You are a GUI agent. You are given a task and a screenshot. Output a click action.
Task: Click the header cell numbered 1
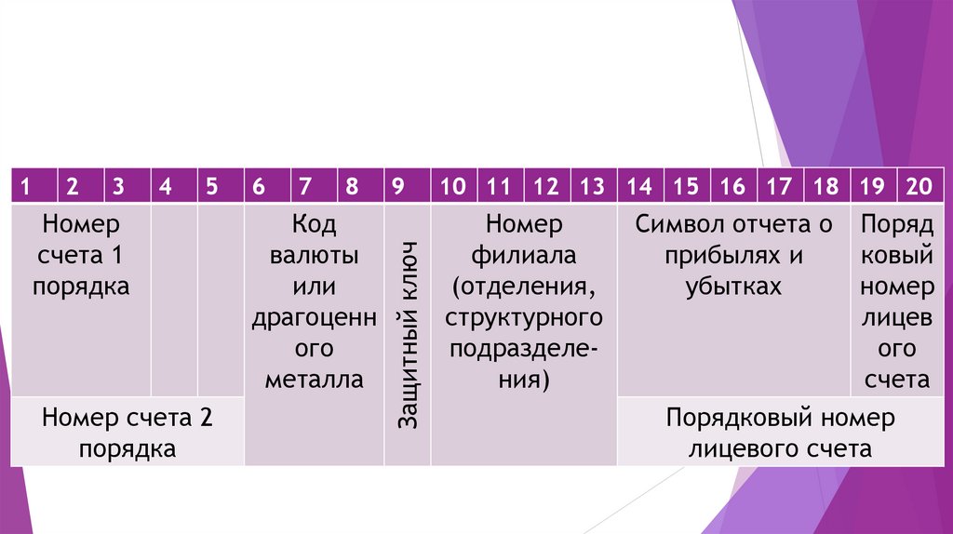pos(26,186)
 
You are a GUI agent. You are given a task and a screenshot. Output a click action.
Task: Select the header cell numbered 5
pos(212,186)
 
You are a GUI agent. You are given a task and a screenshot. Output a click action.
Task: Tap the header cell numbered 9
pos(398,186)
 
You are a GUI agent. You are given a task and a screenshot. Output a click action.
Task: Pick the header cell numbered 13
pos(592,186)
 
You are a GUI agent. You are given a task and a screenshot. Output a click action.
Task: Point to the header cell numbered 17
pos(779,186)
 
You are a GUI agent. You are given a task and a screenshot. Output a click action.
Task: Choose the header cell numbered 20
pos(919,186)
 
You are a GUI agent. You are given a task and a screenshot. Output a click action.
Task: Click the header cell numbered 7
pos(305,186)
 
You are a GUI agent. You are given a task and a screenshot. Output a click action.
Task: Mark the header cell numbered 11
pos(499,186)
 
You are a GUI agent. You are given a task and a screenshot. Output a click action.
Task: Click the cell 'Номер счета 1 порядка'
pos(81,255)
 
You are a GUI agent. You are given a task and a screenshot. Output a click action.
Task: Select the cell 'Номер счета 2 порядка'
pos(128,433)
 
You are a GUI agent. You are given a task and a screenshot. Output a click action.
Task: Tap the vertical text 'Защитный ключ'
pos(408,335)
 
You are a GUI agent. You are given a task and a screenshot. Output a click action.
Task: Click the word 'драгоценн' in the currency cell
pos(314,318)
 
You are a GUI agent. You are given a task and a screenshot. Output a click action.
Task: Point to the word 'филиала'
pos(523,255)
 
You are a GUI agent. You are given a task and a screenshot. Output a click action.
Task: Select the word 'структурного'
pos(523,318)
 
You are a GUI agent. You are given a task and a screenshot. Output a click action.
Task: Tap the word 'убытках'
pos(732,287)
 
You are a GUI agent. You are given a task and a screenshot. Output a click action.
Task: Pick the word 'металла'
pos(314,380)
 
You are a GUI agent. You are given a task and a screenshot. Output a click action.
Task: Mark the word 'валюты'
pos(314,255)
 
